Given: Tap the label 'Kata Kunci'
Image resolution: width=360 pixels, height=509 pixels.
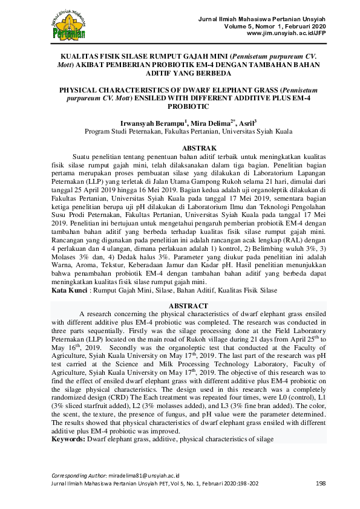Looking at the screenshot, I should [x=67, y=290].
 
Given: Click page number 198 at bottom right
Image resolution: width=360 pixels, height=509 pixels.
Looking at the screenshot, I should [x=321, y=483].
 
